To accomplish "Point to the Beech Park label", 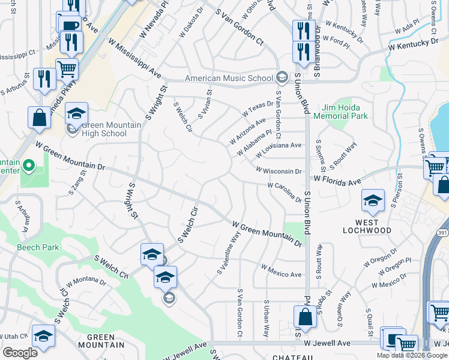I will point(38,247).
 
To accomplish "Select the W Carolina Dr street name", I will point(284,191).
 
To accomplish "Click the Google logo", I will point(20,352).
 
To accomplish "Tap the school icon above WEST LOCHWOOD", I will point(373,202).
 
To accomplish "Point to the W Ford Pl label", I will point(336,41).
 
